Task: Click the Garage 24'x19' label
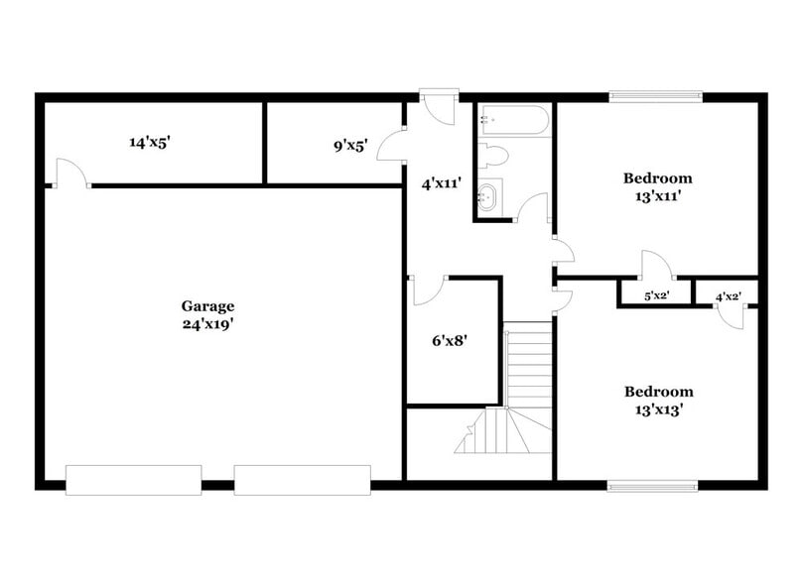[x=207, y=314]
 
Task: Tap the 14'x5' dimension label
[x=150, y=142]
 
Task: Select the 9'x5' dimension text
[x=350, y=146]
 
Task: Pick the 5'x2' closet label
[x=656, y=295]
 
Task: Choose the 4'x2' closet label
[x=728, y=295]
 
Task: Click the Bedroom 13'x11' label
[x=657, y=187]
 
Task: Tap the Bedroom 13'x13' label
[x=657, y=400]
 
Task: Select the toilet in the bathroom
[x=493, y=155]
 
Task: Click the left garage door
[x=134, y=479]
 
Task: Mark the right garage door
[x=302, y=479]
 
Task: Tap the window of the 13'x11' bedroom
[x=656, y=96]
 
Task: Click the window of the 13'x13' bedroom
[x=653, y=486]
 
